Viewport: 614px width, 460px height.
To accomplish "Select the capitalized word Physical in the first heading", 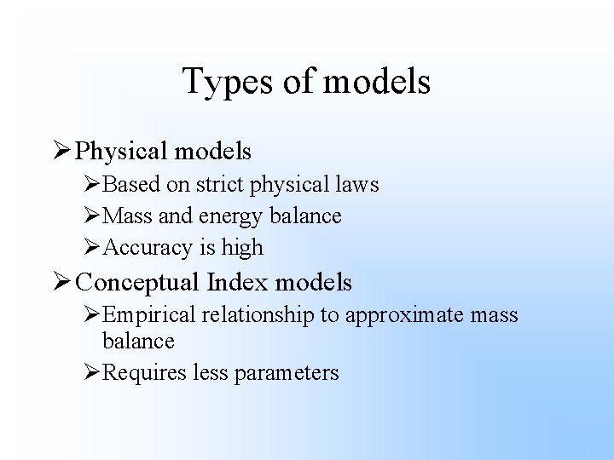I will point(122,151).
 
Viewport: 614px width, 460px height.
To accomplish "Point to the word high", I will point(244,248).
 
